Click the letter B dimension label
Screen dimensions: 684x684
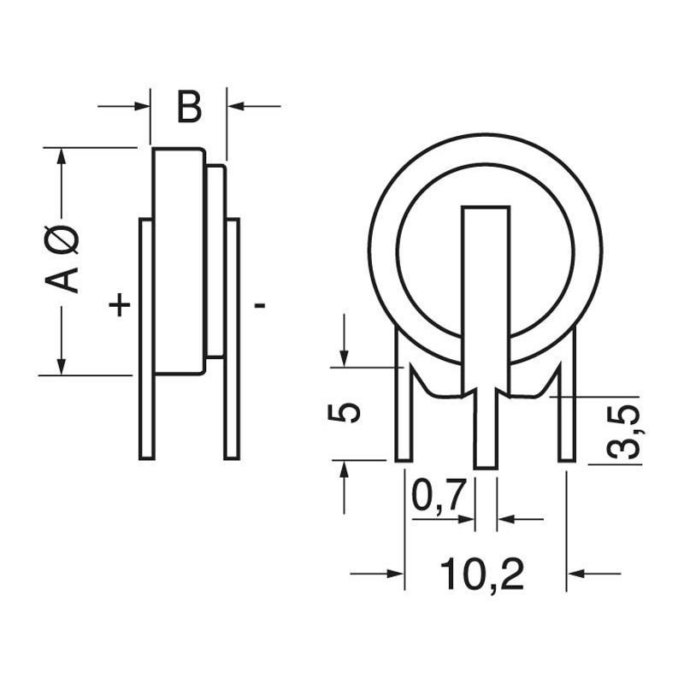[189, 109]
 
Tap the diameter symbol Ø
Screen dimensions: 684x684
[68, 238]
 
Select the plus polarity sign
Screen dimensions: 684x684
[120, 304]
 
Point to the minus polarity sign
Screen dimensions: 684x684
[260, 304]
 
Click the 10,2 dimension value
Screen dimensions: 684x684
[482, 575]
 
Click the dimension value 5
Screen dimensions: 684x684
[345, 412]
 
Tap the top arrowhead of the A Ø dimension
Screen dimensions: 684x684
[62, 156]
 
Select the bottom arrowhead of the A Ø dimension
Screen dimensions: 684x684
[62, 367]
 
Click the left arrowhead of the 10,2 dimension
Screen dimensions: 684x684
[396, 573]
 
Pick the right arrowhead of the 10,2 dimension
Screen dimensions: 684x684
[575, 573]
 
